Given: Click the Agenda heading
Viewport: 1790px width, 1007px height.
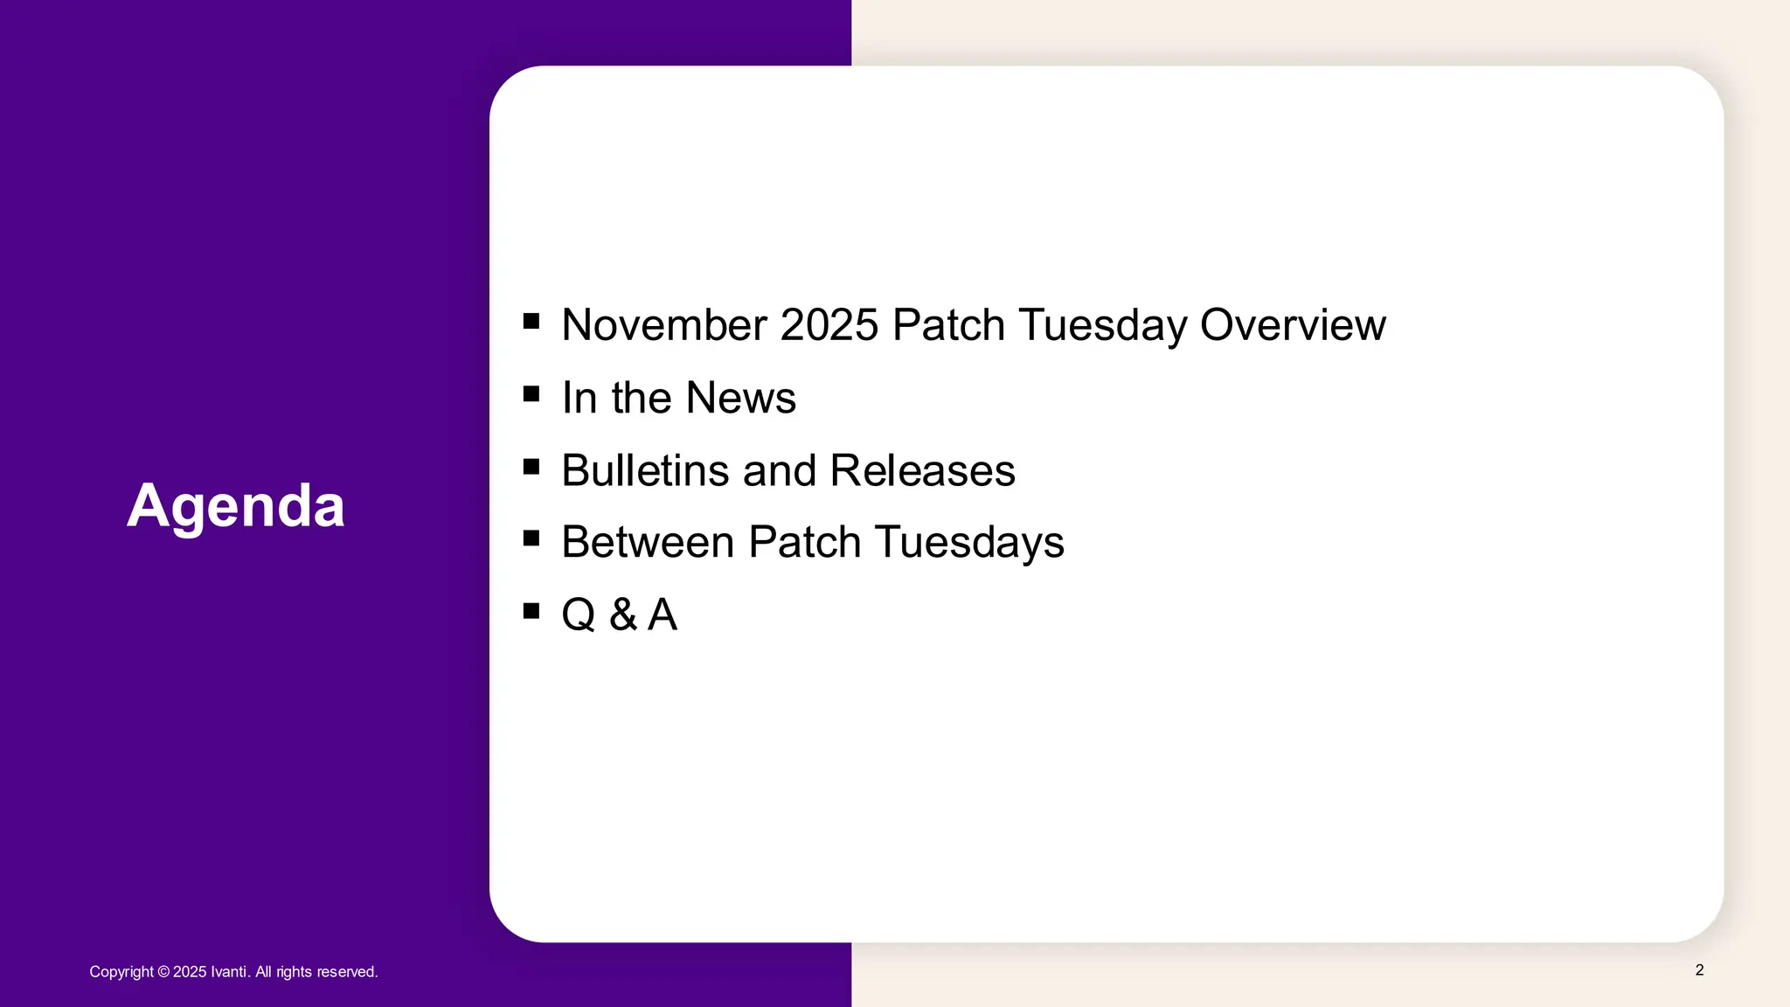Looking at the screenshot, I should [236, 506].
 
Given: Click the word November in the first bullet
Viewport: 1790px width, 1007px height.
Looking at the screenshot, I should [663, 325].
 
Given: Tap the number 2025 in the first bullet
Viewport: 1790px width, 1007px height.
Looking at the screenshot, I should [829, 325].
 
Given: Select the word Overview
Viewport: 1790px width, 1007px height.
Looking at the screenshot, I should [1292, 325].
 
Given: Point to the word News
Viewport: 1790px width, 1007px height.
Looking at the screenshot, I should [740, 398].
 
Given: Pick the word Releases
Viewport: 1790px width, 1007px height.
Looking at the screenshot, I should [922, 470].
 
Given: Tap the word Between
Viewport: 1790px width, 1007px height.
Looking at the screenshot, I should [648, 542].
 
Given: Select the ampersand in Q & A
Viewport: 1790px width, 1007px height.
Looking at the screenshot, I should [622, 615].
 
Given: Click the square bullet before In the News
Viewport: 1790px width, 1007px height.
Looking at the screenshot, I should [531, 393].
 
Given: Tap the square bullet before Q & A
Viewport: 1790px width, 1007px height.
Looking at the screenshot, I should [531, 610].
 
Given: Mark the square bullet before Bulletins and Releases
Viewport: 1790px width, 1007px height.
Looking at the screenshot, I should [531, 466].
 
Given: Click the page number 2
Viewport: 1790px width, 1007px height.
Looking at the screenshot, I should [1699, 970].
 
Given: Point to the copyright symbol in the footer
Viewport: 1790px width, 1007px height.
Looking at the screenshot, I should [163, 972].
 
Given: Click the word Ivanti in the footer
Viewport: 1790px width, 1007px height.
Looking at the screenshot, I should [230, 972].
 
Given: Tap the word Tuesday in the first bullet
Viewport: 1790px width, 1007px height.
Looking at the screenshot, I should [1103, 325].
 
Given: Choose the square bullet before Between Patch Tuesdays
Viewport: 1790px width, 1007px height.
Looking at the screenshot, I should [531, 538].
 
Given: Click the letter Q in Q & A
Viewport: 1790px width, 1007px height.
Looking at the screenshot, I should [579, 615].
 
